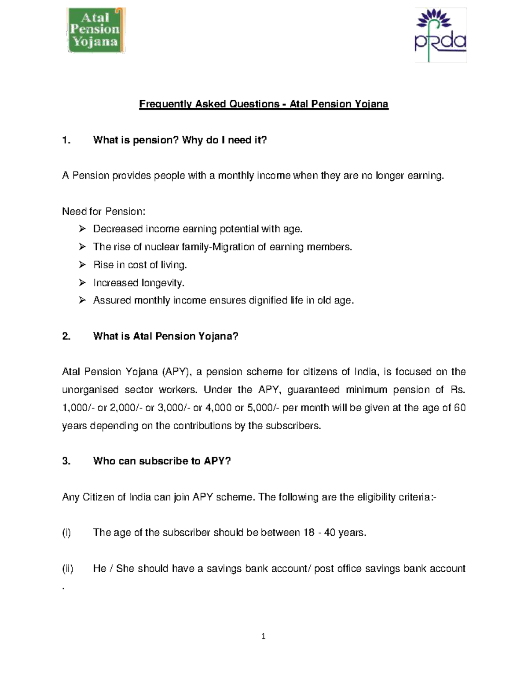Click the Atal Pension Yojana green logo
click(96, 30)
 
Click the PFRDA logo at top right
click(440, 35)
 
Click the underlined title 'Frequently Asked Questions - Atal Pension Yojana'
click(264, 104)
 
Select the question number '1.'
click(66, 140)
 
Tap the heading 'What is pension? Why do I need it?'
click(180, 140)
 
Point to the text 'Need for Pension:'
click(103, 212)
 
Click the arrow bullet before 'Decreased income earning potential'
click(82, 229)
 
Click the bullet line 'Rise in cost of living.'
click(140, 265)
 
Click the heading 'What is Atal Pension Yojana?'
click(165, 336)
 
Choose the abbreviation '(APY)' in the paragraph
click(176, 372)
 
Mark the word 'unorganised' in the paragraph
click(90, 390)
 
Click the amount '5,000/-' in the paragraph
click(263, 408)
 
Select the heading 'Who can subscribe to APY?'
click(162, 461)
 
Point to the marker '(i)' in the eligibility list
click(66, 533)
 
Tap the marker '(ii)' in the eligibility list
click(67, 569)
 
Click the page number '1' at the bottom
click(264, 636)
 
